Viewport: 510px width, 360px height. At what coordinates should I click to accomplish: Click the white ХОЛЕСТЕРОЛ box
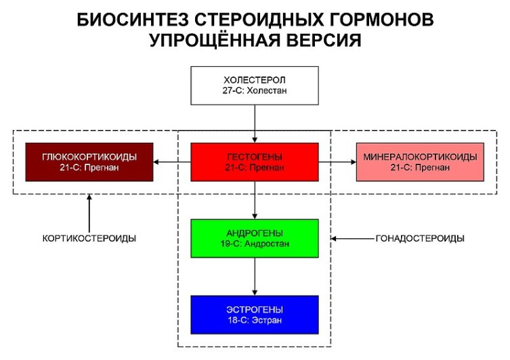[x=255, y=86]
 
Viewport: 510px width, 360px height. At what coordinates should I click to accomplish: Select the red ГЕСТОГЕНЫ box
[x=255, y=162]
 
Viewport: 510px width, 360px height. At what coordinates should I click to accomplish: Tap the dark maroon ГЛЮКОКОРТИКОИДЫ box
[x=89, y=162]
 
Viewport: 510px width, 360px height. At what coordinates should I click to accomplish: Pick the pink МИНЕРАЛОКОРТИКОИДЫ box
[x=420, y=162]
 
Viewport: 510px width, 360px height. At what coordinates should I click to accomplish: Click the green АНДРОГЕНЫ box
[x=255, y=238]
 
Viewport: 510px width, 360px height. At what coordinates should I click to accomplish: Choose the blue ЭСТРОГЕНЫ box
[x=255, y=315]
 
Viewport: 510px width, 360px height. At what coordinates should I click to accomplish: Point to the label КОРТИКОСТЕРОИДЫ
[x=89, y=238]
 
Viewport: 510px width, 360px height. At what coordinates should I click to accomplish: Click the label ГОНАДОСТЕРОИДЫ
[x=420, y=238]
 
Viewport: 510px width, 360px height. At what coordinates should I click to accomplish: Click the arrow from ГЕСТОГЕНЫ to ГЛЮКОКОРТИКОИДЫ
[x=172, y=162]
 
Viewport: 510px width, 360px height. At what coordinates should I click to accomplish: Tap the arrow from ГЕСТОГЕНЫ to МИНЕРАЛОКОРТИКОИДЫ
[x=337, y=162]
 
